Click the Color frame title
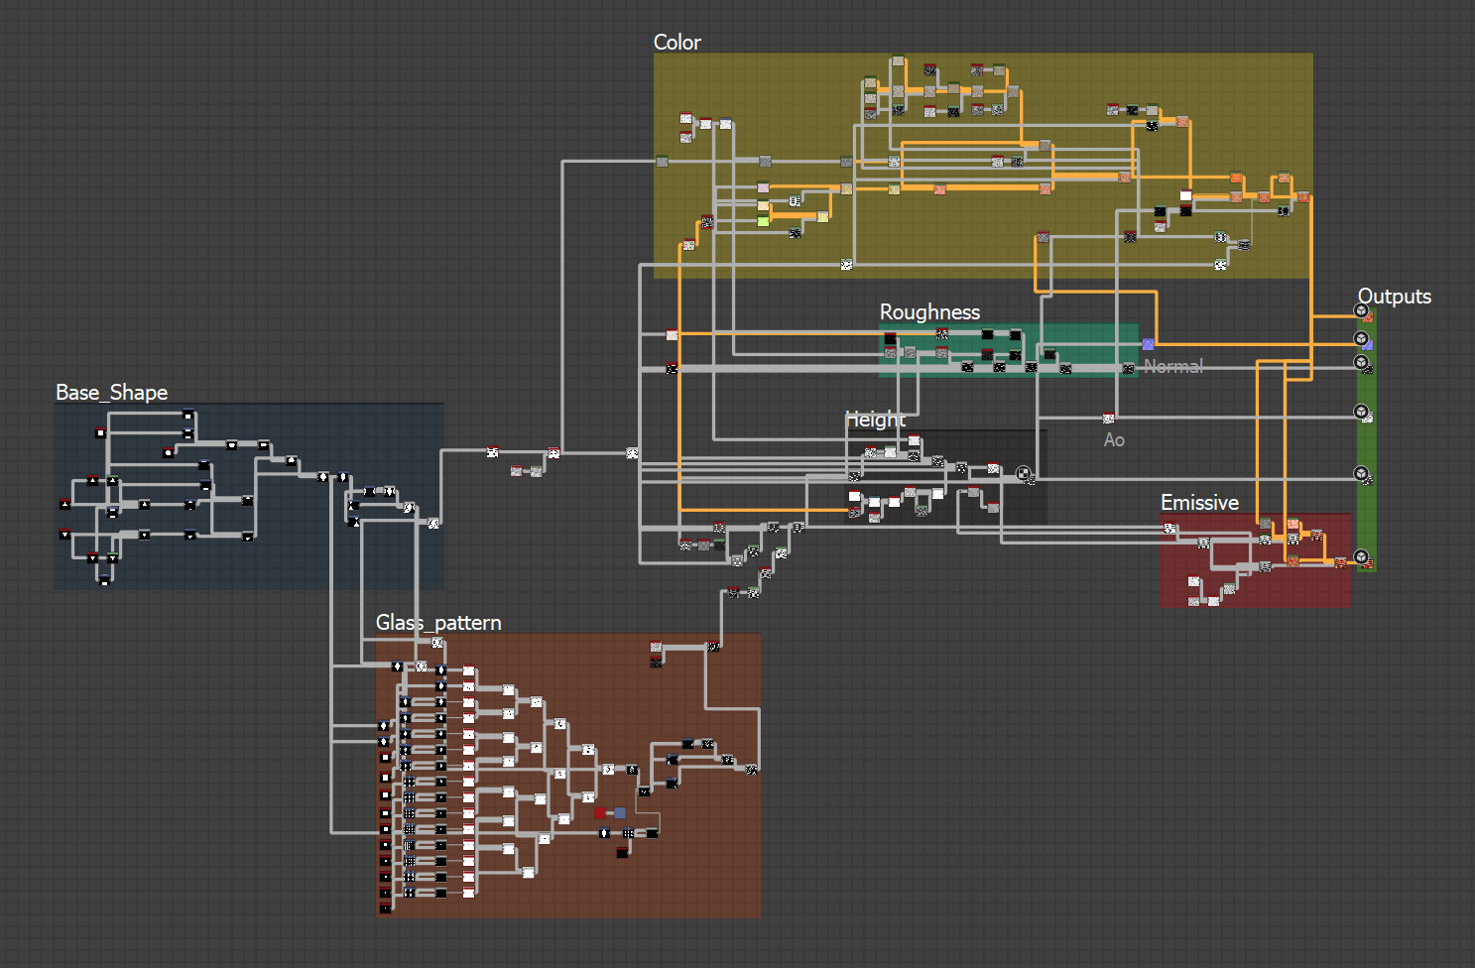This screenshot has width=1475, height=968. (x=676, y=43)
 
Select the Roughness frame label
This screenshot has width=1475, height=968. (x=929, y=312)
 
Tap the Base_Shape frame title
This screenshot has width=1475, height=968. (x=111, y=393)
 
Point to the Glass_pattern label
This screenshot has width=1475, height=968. (x=438, y=623)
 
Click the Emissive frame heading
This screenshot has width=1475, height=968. (x=1199, y=503)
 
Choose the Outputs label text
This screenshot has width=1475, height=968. (x=1394, y=297)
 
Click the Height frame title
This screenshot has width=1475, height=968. (x=876, y=420)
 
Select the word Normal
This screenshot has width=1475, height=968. (x=1173, y=367)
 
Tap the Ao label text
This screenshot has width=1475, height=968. (x=1114, y=440)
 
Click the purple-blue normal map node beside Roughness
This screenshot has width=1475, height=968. (x=1148, y=344)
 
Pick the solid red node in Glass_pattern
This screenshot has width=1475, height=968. (x=600, y=813)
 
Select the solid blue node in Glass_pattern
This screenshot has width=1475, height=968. (x=620, y=813)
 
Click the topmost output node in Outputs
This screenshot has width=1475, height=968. (x=1361, y=311)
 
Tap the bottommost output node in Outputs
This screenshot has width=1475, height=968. (x=1361, y=556)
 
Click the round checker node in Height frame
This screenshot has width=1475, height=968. (x=1023, y=473)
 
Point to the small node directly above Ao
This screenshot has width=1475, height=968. (x=1108, y=419)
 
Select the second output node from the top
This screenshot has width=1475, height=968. (x=1361, y=339)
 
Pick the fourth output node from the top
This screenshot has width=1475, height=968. (x=1361, y=412)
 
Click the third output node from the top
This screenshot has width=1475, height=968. (x=1361, y=363)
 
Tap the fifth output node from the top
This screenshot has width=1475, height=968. (x=1361, y=473)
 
